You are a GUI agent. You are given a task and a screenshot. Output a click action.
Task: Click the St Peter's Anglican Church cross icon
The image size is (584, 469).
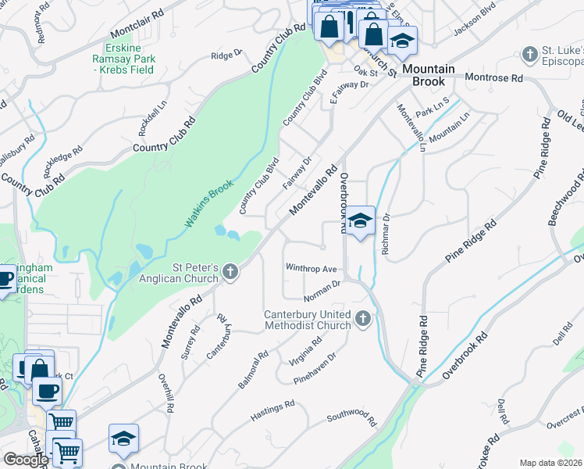[x=230, y=272]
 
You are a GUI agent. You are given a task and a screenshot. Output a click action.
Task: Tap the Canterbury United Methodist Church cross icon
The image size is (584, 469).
[x=362, y=318]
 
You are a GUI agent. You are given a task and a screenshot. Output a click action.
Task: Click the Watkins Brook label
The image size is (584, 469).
[x=212, y=201]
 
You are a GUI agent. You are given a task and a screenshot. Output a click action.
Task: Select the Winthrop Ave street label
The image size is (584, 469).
[x=310, y=267]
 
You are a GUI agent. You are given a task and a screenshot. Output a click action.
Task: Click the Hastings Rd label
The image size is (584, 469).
[x=272, y=411]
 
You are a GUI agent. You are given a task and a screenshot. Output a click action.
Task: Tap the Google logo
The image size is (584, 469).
[x=26, y=460]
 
